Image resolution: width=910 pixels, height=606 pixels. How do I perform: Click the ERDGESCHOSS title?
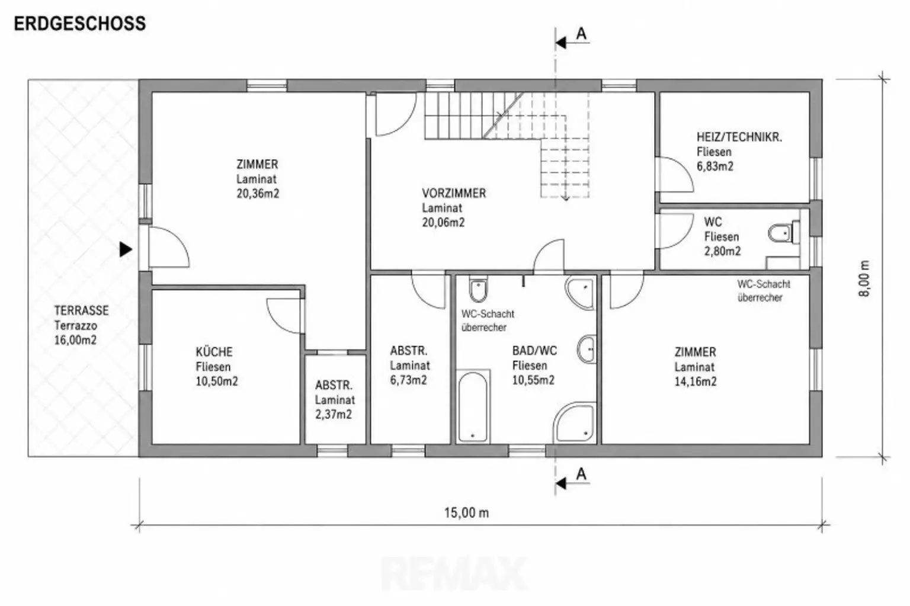pyautogui.click(x=79, y=24)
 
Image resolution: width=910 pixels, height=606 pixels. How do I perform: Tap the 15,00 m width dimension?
pyautogui.click(x=466, y=512)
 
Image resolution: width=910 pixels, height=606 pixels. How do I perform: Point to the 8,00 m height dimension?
pyautogui.click(x=864, y=278)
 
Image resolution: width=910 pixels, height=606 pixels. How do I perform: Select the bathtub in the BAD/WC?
pyautogui.click(x=472, y=406)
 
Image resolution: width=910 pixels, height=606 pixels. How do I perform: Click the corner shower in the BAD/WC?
pyautogui.click(x=575, y=423)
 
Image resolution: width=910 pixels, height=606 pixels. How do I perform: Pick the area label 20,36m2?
pyautogui.click(x=258, y=193)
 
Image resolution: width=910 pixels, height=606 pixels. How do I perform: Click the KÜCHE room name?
pyautogui.click(x=214, y=352)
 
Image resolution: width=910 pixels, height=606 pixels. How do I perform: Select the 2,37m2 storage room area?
pyautogui.click(x=334, y=414)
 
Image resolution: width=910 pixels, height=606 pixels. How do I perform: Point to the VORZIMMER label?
pyautogui.click(x=454, y=193)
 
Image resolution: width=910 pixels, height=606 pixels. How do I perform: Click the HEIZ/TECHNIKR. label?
pyautogui.click(x=739, y=137)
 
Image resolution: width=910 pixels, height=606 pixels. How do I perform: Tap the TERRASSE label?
pyautogui.click(x=82, y=311)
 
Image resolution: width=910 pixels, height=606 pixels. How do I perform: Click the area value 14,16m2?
pyautogui.click(x=696, y=381)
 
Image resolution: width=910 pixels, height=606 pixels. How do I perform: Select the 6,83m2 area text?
pyautogui.click(x=715, y=166)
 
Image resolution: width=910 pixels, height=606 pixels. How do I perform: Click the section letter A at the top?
pyautogui.click(x=581, y=34)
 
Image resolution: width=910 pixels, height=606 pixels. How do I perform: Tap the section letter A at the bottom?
pyautogui.click(x=581, y=474)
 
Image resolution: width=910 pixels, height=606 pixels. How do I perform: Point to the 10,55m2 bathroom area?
pyautogui.click(x=533, y=380)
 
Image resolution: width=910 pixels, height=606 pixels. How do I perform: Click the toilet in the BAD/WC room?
pyautogui.click(x=478, y=289)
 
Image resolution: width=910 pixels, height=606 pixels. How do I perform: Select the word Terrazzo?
pyautogui.click(x=76, y=325)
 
